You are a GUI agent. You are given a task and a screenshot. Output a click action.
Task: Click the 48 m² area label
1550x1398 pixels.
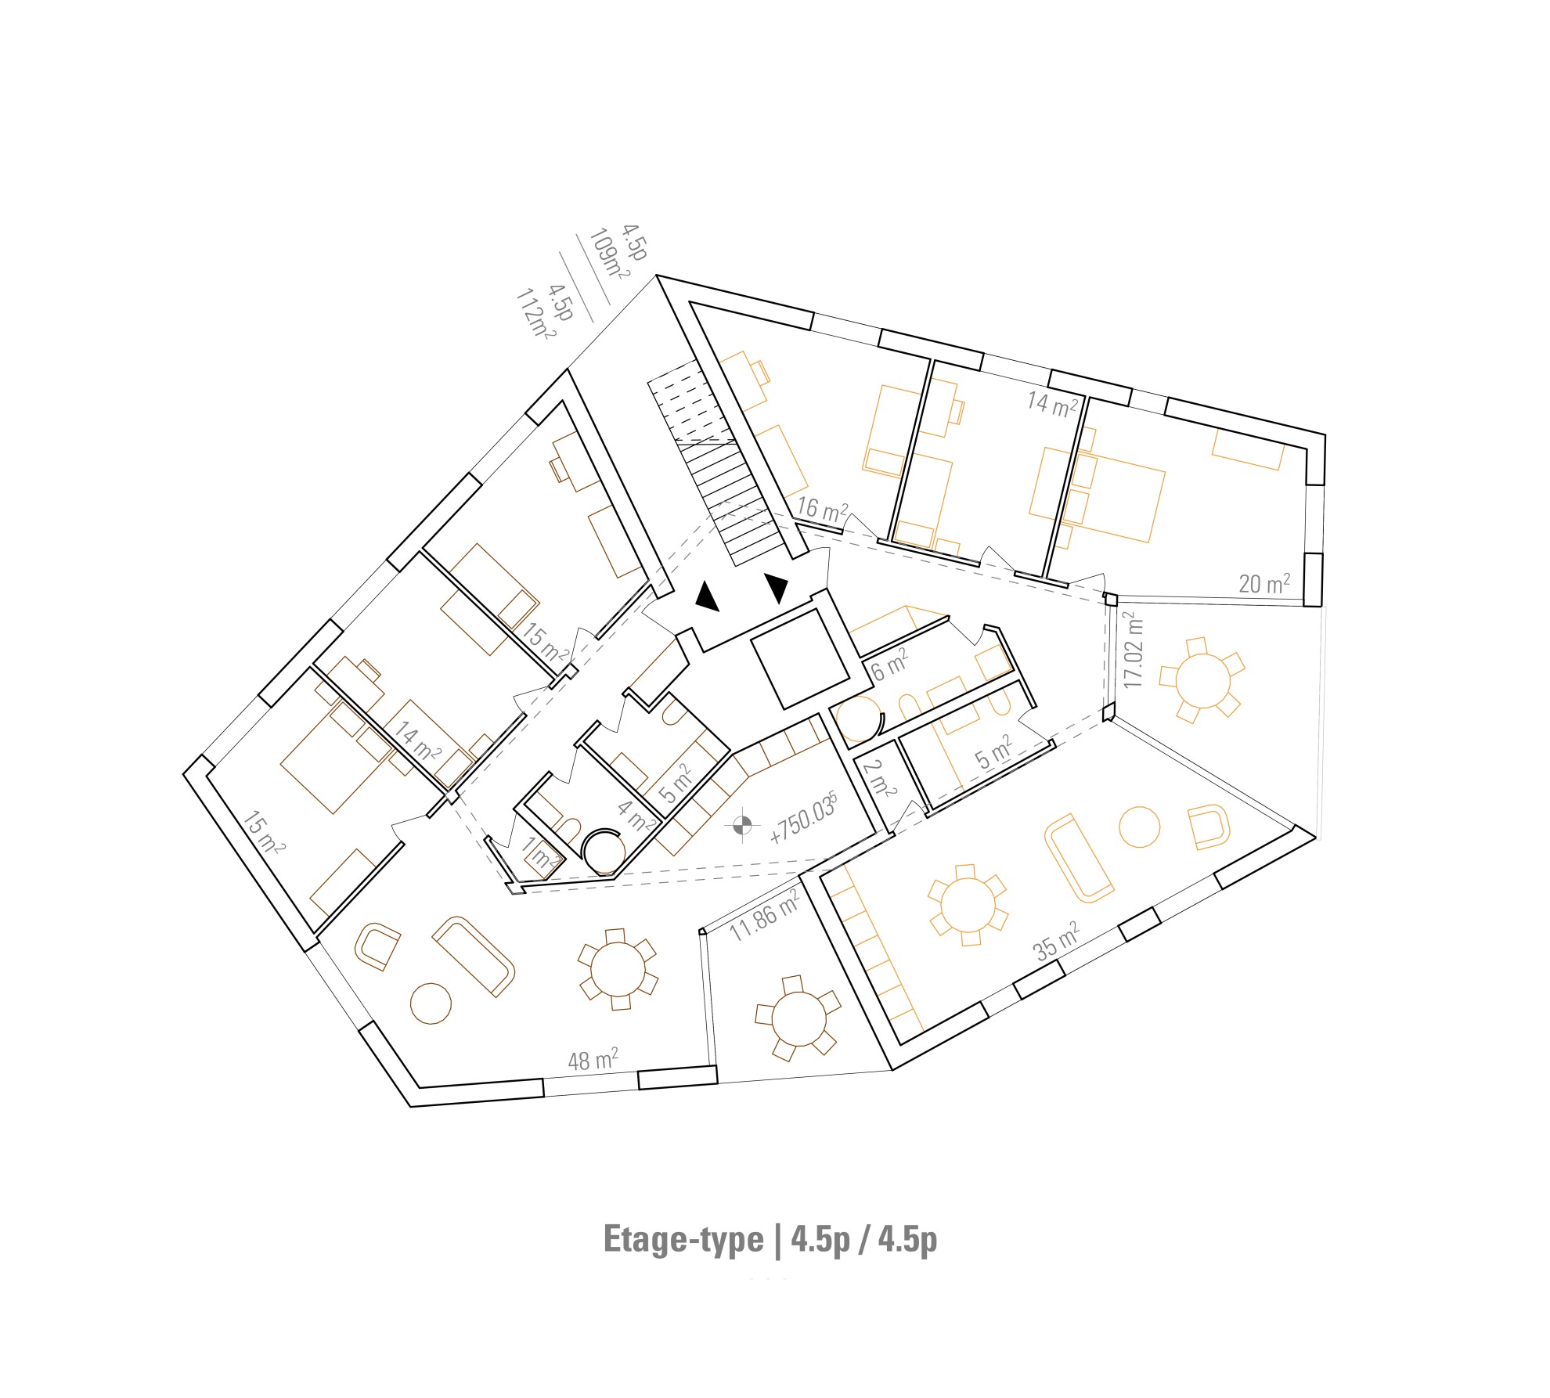[593, 1060]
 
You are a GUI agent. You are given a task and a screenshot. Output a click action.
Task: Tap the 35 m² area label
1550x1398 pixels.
[1057, 941]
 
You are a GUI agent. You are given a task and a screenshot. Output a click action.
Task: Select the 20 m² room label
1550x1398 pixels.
[1264, 583]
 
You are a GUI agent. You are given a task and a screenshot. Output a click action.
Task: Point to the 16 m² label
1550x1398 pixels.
[822, 510]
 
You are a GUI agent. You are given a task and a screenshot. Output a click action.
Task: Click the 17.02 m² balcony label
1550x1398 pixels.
[1133, 650]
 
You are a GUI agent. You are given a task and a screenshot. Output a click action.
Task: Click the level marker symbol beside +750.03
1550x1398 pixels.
[742, 824]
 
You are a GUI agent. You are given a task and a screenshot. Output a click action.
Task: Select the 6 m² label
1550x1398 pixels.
[889, 666]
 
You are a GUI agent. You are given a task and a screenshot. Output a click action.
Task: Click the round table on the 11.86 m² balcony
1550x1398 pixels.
[798, 1018]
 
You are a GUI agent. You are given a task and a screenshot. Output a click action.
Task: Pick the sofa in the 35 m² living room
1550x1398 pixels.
[1079, 859]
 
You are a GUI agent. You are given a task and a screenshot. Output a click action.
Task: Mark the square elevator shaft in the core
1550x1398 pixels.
[800, 659]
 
